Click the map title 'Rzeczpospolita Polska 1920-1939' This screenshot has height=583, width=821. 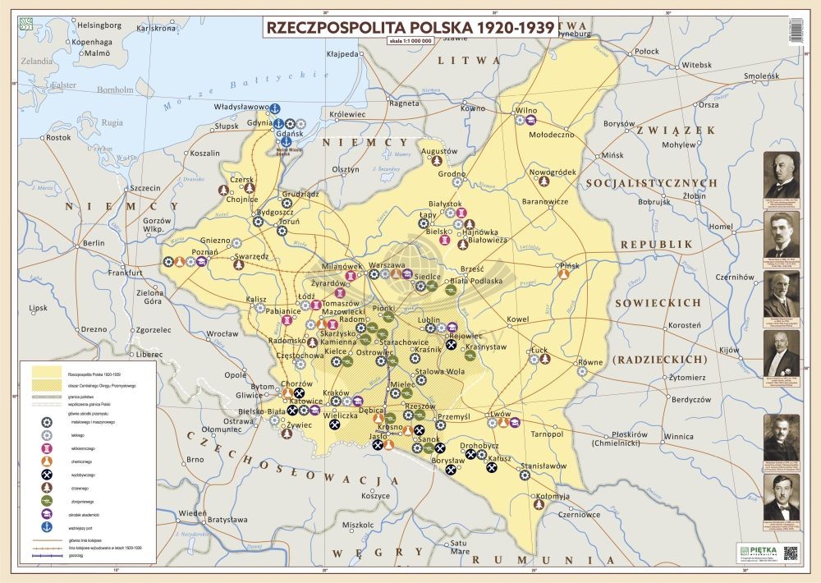[410, 26]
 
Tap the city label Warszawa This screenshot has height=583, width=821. [388, 265]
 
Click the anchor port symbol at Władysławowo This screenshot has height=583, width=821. [277, 108]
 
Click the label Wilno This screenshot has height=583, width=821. [525, 109]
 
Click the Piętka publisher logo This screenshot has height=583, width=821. [754, 551]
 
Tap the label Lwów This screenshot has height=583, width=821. [501, 414]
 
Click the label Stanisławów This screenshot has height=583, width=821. [545, 465]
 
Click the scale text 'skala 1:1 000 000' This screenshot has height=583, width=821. [410, 40]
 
